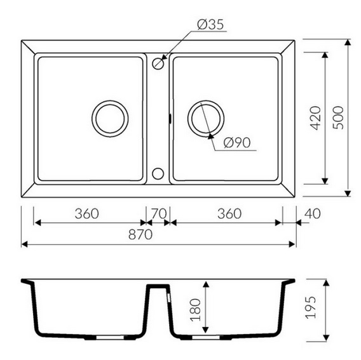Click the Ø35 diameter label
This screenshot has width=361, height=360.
click(x=210, y=25)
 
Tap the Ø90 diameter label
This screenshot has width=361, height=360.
click(x=237, y=143)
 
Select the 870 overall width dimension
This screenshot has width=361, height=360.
click(x=140, y=234)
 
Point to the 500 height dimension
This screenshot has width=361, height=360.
click(x=338, y=117)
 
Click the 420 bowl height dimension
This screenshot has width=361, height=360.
click(x=316, y=118)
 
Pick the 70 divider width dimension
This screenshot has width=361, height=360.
click(x=159, y=213)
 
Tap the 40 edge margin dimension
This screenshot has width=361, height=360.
click(x=312, y=213)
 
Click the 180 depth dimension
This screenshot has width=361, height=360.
click(x=195, y=309)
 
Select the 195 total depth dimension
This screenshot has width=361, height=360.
click(x=311, y=307)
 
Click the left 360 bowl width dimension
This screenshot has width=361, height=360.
click(x=87, y=213)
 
